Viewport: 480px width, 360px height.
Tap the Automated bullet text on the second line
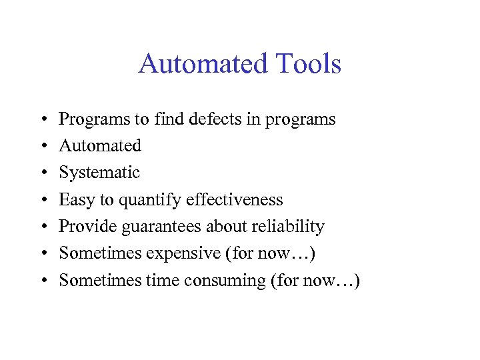tap(100, 145)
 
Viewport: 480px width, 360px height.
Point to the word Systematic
tap(99, 173)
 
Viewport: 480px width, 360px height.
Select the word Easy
tap(74, 199)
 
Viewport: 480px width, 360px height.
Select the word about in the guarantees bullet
tap(226, 227)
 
